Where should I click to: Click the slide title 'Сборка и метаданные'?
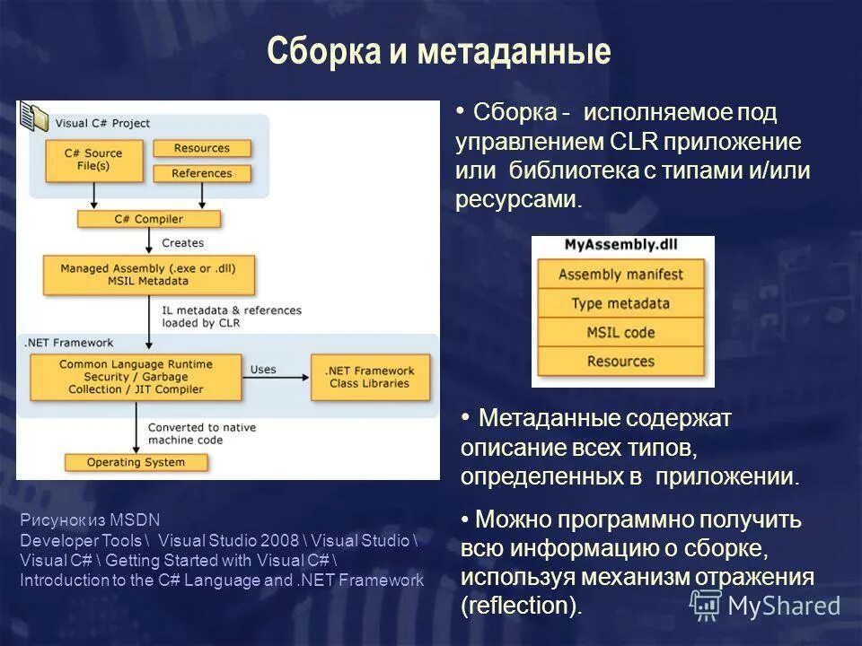[438, 52]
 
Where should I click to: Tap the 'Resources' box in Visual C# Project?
[202, 148]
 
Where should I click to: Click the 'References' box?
[202, 173]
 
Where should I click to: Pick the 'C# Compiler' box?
[148, 219]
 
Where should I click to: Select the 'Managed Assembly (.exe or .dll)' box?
[149, 275]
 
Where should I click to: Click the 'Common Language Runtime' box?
[136, 377]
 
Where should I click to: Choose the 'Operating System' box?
[136, 463]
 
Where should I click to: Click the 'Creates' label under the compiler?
[182, 243]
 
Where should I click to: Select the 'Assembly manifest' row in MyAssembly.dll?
[620, 275]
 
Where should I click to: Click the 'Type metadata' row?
[620, 303]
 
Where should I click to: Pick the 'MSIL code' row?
[620, 332]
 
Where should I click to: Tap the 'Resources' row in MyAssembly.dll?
[620, 361]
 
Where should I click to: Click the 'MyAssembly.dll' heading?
[621, 245]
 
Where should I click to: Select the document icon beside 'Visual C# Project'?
[34, 117]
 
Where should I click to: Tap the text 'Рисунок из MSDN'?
[76, 519]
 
